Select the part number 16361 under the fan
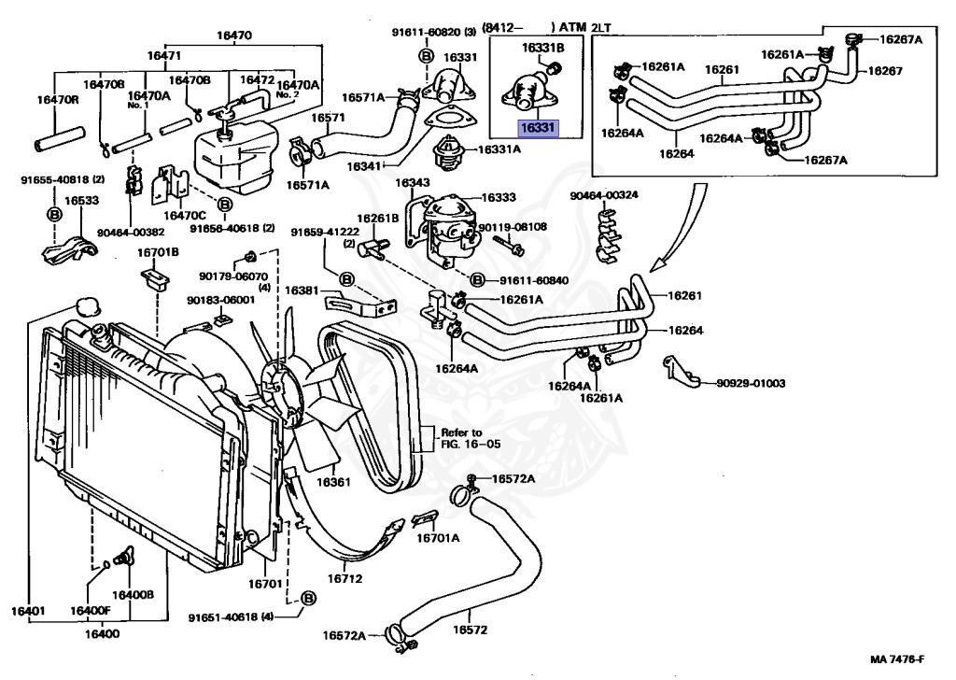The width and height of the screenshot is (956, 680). pos(332,482)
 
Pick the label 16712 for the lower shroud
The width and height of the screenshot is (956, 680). pos(344,578)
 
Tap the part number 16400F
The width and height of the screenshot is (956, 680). pos(91,611)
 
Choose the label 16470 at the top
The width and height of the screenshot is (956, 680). pos(233,35)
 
